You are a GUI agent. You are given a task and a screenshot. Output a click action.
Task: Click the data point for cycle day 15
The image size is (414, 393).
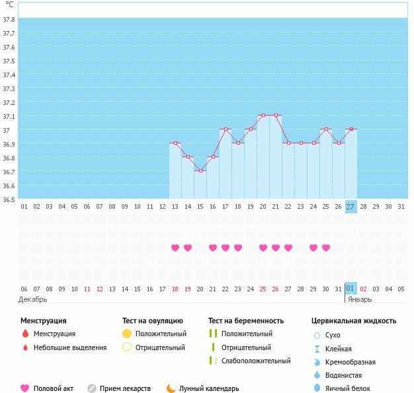tap(200, 170)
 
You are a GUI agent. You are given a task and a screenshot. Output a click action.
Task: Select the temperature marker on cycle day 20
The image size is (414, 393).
tap(263, 116)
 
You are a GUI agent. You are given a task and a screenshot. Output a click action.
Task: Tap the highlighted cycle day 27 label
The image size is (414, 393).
tap(351, 206)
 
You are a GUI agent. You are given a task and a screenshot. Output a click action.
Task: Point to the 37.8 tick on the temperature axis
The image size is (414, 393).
tap(9, 19)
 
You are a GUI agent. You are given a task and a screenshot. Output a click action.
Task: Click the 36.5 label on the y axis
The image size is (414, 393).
tap(9, 198)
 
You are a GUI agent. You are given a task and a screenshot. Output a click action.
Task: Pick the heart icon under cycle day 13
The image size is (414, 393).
tap(175, 248)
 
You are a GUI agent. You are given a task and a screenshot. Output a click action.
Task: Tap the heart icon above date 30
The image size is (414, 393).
tap(326, 248)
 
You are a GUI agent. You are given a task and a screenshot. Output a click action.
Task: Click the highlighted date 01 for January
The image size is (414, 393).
tap(351, 289)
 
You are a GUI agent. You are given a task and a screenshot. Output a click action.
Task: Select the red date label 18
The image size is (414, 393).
tap(175, 289)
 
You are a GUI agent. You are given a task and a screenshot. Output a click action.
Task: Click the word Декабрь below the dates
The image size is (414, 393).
tap(32, 299)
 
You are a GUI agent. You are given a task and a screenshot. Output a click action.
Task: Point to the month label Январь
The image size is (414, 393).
tap(360, 299)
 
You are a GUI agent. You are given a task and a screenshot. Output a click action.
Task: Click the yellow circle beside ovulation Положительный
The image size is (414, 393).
tap(127, 334)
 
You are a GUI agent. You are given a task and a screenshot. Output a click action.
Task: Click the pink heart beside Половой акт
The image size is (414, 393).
tap(25, 388)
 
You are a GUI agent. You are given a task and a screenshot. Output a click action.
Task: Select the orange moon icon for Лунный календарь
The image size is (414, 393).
tap(171, 388)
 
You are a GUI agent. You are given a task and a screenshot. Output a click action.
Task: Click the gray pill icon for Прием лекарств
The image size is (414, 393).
tap(91, 388)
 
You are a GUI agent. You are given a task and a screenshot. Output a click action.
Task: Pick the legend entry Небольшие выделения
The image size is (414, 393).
tap(69, 347)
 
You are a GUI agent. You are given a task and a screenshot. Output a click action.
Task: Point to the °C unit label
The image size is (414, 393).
tap(9, 5)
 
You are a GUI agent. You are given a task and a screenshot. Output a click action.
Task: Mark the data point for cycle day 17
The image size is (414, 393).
tap(226, 129)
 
